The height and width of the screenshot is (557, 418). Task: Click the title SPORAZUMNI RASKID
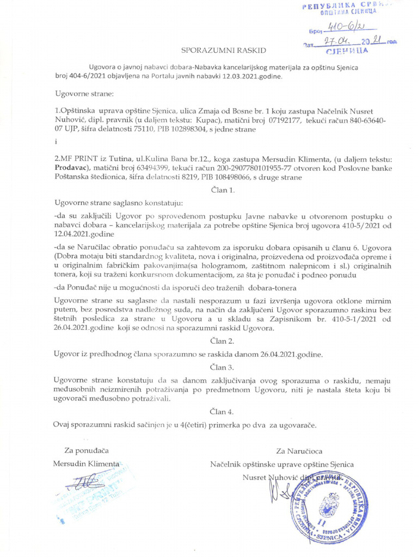point(224,50)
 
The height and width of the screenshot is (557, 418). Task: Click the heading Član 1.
point(223,190)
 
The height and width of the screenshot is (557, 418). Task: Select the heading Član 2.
point(223,341)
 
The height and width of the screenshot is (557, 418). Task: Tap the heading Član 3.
point(223,367)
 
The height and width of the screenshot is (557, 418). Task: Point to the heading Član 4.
point(223,411)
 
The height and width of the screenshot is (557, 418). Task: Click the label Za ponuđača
point(87,450)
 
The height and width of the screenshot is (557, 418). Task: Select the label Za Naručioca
point(299,450)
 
